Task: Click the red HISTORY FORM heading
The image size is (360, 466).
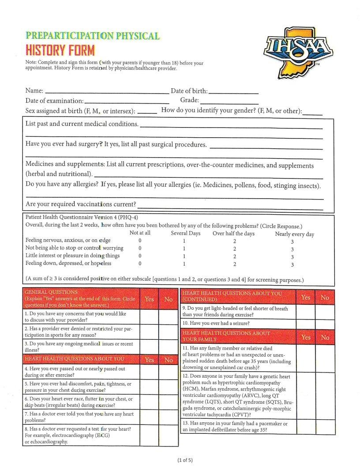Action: pos(60,49)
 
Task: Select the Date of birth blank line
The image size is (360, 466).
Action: pos(233,93)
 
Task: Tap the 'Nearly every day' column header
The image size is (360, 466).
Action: pos(294,234)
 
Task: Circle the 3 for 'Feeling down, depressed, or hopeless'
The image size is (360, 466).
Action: pos(292,264)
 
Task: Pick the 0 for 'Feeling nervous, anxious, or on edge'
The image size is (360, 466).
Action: pos(140,241)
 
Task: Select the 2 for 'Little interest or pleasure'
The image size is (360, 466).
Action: pos(235,256)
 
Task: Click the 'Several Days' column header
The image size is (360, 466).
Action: pos(185,233)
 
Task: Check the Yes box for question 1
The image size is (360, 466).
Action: pos(149,316)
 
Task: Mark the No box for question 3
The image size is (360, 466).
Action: pos(168,346)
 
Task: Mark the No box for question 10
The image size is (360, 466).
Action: pos(325,323)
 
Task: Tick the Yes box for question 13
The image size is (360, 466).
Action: pos(305,426)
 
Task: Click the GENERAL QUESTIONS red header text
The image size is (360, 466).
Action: pos(51,292)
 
